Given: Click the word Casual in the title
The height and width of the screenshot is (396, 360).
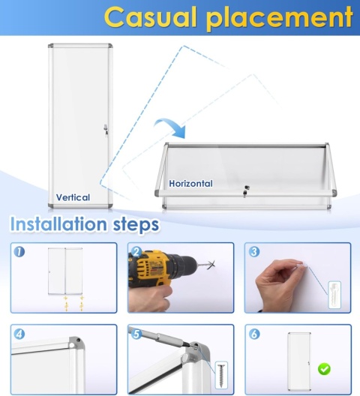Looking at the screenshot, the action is tap(150, 17).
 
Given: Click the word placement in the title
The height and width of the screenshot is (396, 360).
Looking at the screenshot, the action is tap(280, 19).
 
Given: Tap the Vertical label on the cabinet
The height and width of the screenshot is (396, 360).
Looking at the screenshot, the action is tap(73, 197).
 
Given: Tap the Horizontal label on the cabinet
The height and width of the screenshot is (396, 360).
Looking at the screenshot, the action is tap(190, 183).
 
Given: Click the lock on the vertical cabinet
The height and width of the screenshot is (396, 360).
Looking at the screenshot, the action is tap(106, 130).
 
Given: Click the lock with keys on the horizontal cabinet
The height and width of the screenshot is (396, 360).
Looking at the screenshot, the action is tap(246, 191).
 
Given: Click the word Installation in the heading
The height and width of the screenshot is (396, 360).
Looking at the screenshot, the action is tap(58, 224).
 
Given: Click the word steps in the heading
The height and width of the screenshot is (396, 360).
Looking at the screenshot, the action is tap(136, 225).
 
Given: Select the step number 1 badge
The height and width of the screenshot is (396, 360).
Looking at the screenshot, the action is tap(19, 252).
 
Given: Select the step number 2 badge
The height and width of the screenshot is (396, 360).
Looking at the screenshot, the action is tap(136, 252).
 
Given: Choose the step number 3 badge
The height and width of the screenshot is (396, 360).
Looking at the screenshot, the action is tap(254, 252).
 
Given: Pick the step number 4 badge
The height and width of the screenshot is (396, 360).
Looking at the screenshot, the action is tap(19, 334).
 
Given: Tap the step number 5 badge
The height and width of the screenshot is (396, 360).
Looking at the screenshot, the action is tap(136, 334).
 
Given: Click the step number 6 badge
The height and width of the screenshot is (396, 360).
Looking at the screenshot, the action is tap(254, 334).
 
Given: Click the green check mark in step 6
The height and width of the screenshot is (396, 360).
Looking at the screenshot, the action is tap(324, 369).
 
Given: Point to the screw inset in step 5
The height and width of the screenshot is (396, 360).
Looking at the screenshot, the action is tap(221, 375).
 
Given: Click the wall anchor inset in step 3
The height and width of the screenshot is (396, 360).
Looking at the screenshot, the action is tap(334, 295).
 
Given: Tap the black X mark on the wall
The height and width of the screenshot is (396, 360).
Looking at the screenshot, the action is tap(211, 265).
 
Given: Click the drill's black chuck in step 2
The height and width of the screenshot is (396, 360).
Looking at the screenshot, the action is tap(185, 265).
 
